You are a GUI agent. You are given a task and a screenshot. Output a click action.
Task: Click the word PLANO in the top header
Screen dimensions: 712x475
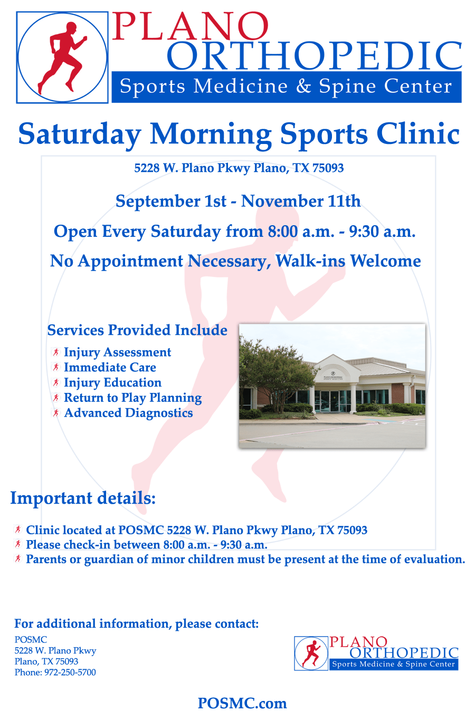tap(190, 26)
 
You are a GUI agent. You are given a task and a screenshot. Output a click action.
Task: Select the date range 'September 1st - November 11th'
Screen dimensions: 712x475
tap(238, 201)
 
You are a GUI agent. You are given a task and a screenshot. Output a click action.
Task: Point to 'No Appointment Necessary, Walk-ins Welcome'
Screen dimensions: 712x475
tap(235, 261)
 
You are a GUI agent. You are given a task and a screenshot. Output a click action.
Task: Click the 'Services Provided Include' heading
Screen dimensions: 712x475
tap(137, 330)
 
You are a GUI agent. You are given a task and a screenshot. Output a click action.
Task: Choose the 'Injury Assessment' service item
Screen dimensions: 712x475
tap(117, 352)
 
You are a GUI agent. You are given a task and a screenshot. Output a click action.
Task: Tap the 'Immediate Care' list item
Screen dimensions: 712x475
tap(110, 368)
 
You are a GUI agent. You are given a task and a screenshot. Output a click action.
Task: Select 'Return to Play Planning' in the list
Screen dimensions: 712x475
tap(132, 398)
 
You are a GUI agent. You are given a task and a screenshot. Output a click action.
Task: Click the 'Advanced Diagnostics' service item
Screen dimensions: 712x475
tap(128, 413)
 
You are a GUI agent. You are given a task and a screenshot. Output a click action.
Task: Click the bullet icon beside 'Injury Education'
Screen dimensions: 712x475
tap(55, 383)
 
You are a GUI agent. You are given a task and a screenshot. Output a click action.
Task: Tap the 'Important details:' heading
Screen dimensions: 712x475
tap(83, 498)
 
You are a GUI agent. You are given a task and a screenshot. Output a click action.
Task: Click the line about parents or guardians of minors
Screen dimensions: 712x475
tap(245, 560)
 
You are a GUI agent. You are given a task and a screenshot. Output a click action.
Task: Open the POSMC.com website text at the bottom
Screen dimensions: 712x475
tap(242, 703)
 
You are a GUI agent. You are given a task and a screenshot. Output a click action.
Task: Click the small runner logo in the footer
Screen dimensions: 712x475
tap(311, 653)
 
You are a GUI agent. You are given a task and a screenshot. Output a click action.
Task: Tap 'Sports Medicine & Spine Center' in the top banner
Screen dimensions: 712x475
tap(286, 86)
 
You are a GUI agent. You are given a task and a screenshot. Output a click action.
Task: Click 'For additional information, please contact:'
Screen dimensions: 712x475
tap(136, 624)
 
